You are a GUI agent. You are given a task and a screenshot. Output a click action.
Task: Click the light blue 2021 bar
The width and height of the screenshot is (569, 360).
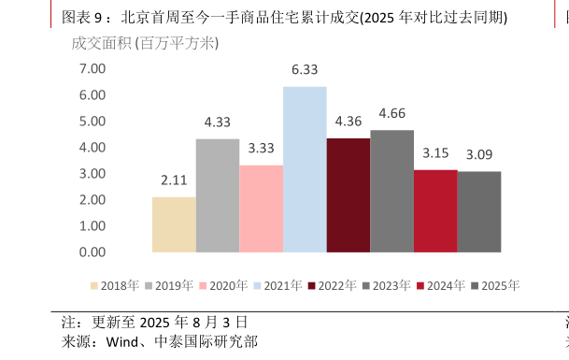point(305,169)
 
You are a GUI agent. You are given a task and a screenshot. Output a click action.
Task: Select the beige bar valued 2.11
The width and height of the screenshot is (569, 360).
point(174,224)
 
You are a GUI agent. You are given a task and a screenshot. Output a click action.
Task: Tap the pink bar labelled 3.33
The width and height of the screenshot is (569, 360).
point(261,209)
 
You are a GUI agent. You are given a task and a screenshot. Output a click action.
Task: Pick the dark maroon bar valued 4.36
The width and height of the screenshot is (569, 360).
point(348,195)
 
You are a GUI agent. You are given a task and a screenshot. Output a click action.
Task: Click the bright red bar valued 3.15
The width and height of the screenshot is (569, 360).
point(435,211)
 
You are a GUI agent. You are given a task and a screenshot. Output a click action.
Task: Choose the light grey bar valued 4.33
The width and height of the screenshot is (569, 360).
point(218,195)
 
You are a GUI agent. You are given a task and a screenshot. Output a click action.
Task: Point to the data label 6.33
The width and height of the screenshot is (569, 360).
point(305,69)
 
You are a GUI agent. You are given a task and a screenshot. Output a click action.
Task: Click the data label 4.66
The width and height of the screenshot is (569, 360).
point(391,113)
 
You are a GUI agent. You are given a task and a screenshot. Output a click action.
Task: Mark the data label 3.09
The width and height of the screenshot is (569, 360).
point(478,154)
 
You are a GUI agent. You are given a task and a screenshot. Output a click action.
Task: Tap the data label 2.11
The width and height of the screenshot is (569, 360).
point(174,180)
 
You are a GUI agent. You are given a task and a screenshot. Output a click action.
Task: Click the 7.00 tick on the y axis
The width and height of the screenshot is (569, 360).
point(92,69)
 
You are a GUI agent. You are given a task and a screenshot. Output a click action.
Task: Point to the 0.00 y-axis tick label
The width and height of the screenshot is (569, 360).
point(92,252)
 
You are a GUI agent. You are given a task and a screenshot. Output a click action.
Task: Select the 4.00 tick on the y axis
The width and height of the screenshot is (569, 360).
point(92,148)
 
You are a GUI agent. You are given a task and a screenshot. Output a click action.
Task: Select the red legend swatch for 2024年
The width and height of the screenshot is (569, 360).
point(421,286)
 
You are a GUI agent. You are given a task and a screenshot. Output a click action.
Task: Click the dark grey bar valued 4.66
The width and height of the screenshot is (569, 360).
point(391,192)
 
